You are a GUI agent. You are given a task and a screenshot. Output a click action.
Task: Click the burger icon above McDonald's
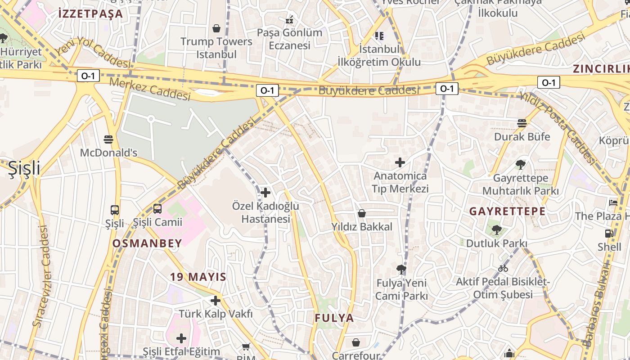click(x=108, y=139)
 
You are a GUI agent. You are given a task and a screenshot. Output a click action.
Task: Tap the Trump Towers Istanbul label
click(x=216, y=48)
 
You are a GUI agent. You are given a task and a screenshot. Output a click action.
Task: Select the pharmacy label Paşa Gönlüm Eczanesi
click(x=290, y=39)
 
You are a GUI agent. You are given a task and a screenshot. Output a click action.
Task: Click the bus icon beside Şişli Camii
click(x=157, y=208)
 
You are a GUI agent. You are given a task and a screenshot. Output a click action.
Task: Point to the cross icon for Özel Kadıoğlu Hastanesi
click(x=265, y=193)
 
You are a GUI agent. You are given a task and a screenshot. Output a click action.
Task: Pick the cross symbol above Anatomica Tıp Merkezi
click(x=400, y=162)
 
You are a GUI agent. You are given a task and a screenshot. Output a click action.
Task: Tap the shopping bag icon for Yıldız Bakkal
click(x=362, y=213)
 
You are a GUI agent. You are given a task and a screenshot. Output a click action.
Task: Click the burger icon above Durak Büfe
click(x=522, y=123)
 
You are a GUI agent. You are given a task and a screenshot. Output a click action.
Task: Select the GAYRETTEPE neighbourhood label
click(x=507, y=211)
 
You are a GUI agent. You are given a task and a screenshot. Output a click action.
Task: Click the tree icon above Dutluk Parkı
click(x=496, y=230)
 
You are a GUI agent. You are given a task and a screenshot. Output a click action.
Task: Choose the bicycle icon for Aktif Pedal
click(x=503, y=269)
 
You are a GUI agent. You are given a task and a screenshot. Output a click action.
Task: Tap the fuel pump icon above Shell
click(x=609, y=234)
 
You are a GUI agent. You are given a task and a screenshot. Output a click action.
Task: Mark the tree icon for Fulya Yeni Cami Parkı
click(x=401, y=270)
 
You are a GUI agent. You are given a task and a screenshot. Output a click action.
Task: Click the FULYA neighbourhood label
click(x=334, y=318)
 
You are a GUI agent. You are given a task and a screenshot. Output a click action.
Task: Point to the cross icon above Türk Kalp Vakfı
click(x=216, y=300)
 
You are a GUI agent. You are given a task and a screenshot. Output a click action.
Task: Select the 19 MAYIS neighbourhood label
click(x=198, y=277)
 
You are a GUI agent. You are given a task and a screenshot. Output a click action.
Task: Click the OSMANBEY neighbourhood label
click(x=147, y=243)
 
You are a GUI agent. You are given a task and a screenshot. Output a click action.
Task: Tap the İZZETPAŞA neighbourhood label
click(x=90, y=13)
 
